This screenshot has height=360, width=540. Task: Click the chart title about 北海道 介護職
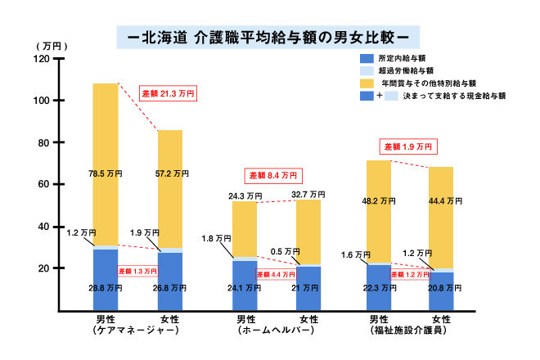coord(269,37)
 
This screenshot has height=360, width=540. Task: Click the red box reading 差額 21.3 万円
coord(168,94)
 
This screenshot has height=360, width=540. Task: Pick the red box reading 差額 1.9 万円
coord(409,147)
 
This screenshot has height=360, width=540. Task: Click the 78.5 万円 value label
coord(105,173)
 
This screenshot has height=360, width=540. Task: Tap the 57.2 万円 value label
coord(170,173)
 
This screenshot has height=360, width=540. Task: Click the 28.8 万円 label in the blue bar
coord(105,288)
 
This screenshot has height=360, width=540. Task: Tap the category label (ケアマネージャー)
coord(137,331)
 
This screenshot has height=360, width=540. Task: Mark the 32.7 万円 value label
coord(308,195)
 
